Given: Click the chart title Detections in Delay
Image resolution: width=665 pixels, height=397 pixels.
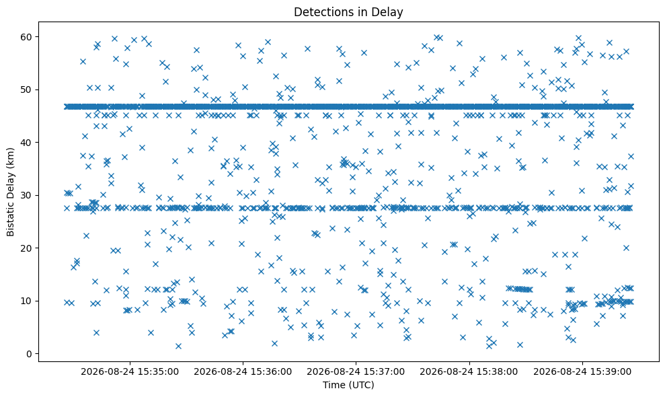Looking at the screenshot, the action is (x=348, y=12).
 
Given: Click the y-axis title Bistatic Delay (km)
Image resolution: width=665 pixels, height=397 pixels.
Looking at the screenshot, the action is (x=11, y=192).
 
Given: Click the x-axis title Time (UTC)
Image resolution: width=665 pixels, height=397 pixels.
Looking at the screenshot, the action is (x=348, y=385).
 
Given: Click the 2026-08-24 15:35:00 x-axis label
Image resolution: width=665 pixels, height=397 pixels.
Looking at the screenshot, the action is (x=130, y=372).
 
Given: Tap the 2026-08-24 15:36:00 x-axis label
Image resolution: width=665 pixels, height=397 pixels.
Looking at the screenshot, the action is (x=243, y=372).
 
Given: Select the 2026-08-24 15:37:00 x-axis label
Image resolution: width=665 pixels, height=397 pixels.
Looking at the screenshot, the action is (x=356, y=372).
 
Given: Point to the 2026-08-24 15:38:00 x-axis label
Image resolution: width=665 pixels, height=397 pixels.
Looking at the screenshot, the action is (x=469, y=372).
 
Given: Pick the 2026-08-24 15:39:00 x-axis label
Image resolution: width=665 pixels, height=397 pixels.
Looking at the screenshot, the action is (x=582, y=372).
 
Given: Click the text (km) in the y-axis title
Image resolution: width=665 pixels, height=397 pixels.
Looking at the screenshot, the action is (x=11, y=157).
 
